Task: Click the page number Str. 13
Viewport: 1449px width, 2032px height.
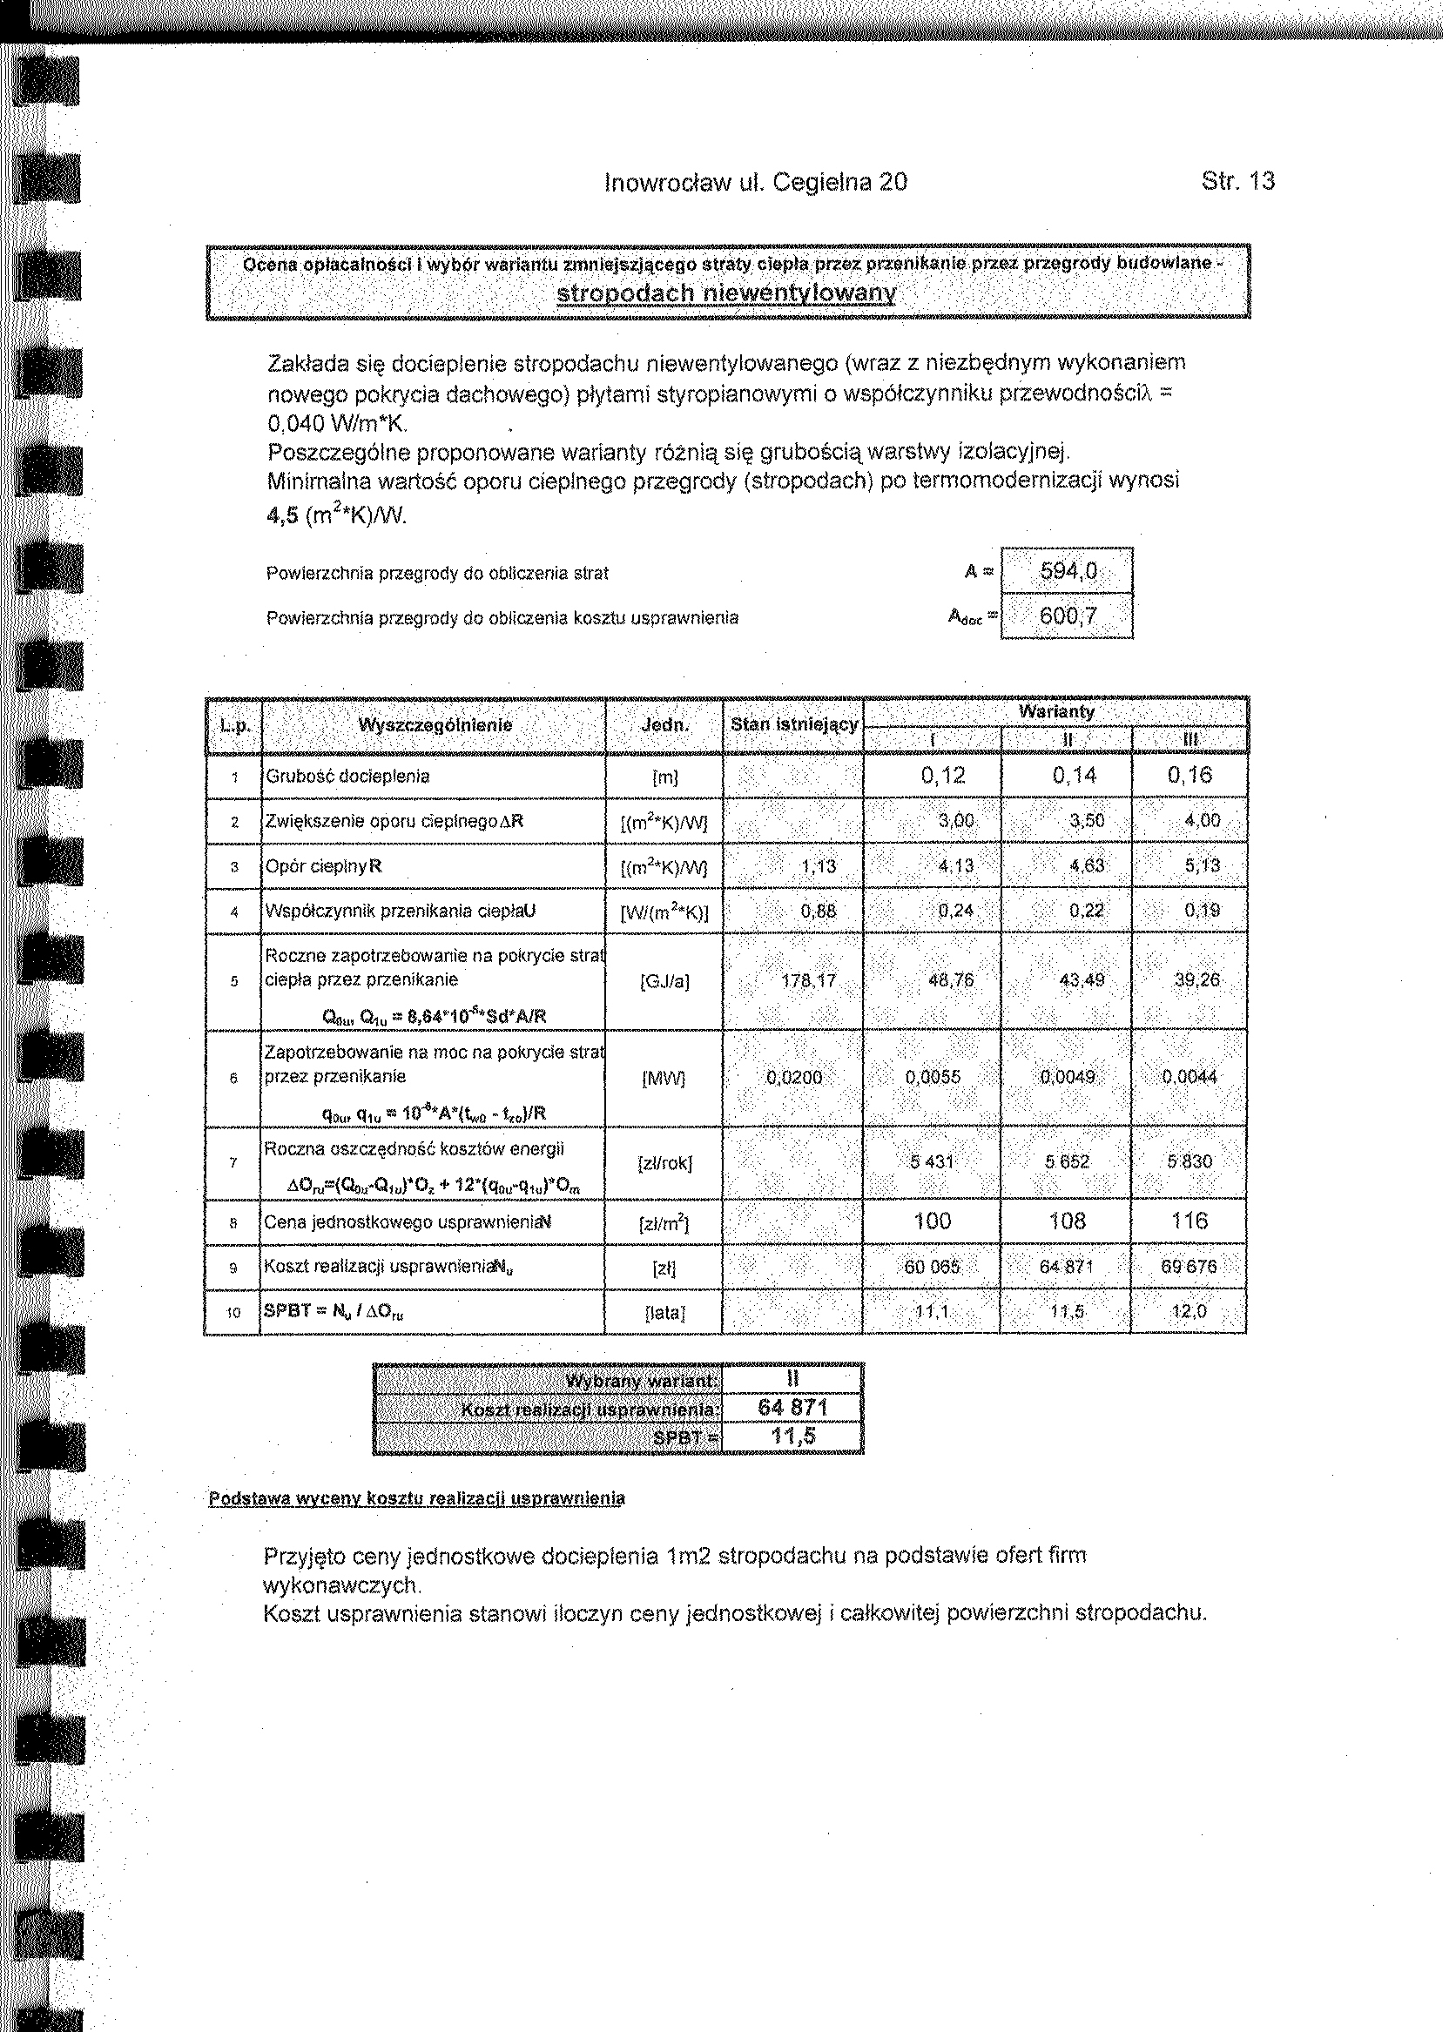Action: pyautogui.click(x=1237, y=182)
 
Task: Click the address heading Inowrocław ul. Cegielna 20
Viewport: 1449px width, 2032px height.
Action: pyautogui.click(x=756, y=183)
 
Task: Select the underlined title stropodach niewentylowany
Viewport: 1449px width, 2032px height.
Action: pyautogui.click(x=724, y=293)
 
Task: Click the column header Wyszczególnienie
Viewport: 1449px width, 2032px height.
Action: pyautogui.click(x=435, y=725)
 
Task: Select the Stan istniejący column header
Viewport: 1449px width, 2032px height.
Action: pyautogui.click(x=793, y=725)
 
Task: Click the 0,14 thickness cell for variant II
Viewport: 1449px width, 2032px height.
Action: pyautogui.click(x=1074, y=775)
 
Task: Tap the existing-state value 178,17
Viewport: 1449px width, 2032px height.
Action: pyautogui.click(x=808, y=981)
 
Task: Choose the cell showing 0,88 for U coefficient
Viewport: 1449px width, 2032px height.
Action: pyautogui.click(x=818, y=912)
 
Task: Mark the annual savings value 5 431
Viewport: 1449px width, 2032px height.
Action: pyautogui.click(x=933, y=1162)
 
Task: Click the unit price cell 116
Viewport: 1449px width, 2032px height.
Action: pyautogui.click(x=1190, y=1221)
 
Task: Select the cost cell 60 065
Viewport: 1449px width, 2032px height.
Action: pyautogui.click(x=933, y=1268)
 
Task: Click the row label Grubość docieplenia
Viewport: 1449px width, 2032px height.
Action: pyautogui.click(x=347, y=776)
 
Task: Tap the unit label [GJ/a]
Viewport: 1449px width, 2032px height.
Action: pyautogui.click(x=664, y=982)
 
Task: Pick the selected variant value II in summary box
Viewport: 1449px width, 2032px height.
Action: pyautogui.click(x=792, y=1379)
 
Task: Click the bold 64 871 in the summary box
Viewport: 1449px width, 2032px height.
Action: pyautogui.click(x=792, y=1408)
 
